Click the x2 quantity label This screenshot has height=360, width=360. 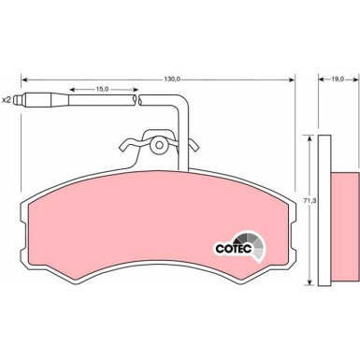click(7, 100)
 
